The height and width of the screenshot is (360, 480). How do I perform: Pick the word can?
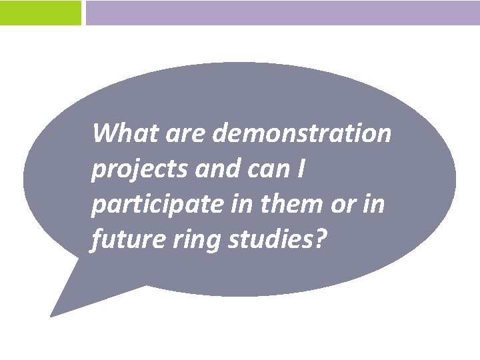[x=267, y=170]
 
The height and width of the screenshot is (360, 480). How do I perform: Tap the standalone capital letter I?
[x=301, y=169]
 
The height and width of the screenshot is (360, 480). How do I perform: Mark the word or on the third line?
[x=345, y=205]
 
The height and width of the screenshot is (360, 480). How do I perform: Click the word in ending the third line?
[x=375, y=204]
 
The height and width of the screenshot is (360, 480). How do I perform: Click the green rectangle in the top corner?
[x=40, y=13]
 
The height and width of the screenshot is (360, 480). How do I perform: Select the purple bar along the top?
[x=282, y=13]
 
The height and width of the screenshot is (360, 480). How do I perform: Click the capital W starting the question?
[x=104, y=133]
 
